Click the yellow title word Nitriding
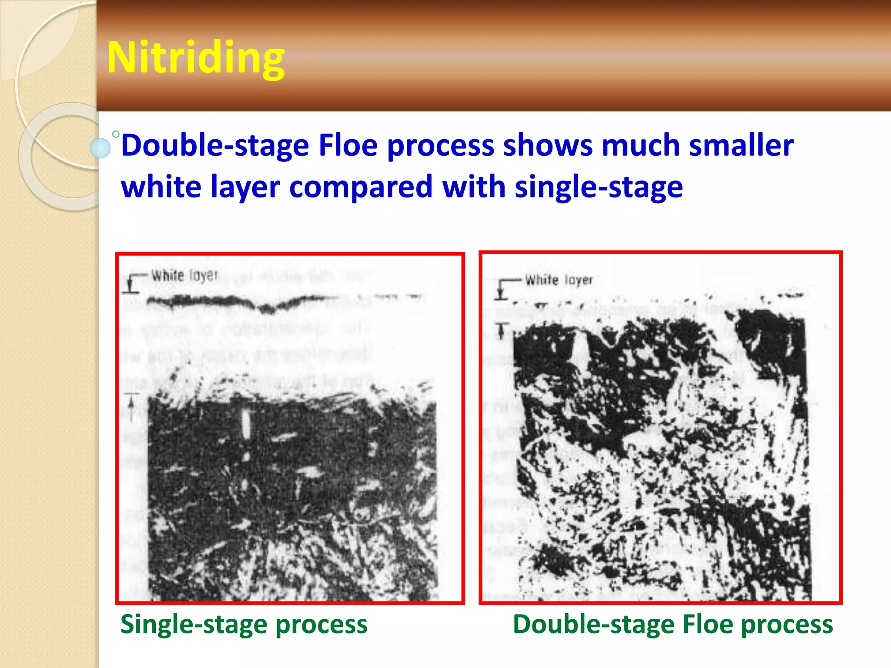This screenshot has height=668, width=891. (195, 57)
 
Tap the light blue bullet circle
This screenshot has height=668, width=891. (100, 148)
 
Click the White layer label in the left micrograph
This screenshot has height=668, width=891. (184, 275)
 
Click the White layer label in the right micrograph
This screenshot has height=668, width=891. (559, 280)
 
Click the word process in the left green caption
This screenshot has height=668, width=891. (322, 625)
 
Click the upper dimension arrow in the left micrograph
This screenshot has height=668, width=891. (130, 284)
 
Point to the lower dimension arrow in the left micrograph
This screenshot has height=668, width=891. (131, 407)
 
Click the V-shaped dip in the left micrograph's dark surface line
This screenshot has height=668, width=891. (267, 309)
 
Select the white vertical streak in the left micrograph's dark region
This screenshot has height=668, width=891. (246, 424)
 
